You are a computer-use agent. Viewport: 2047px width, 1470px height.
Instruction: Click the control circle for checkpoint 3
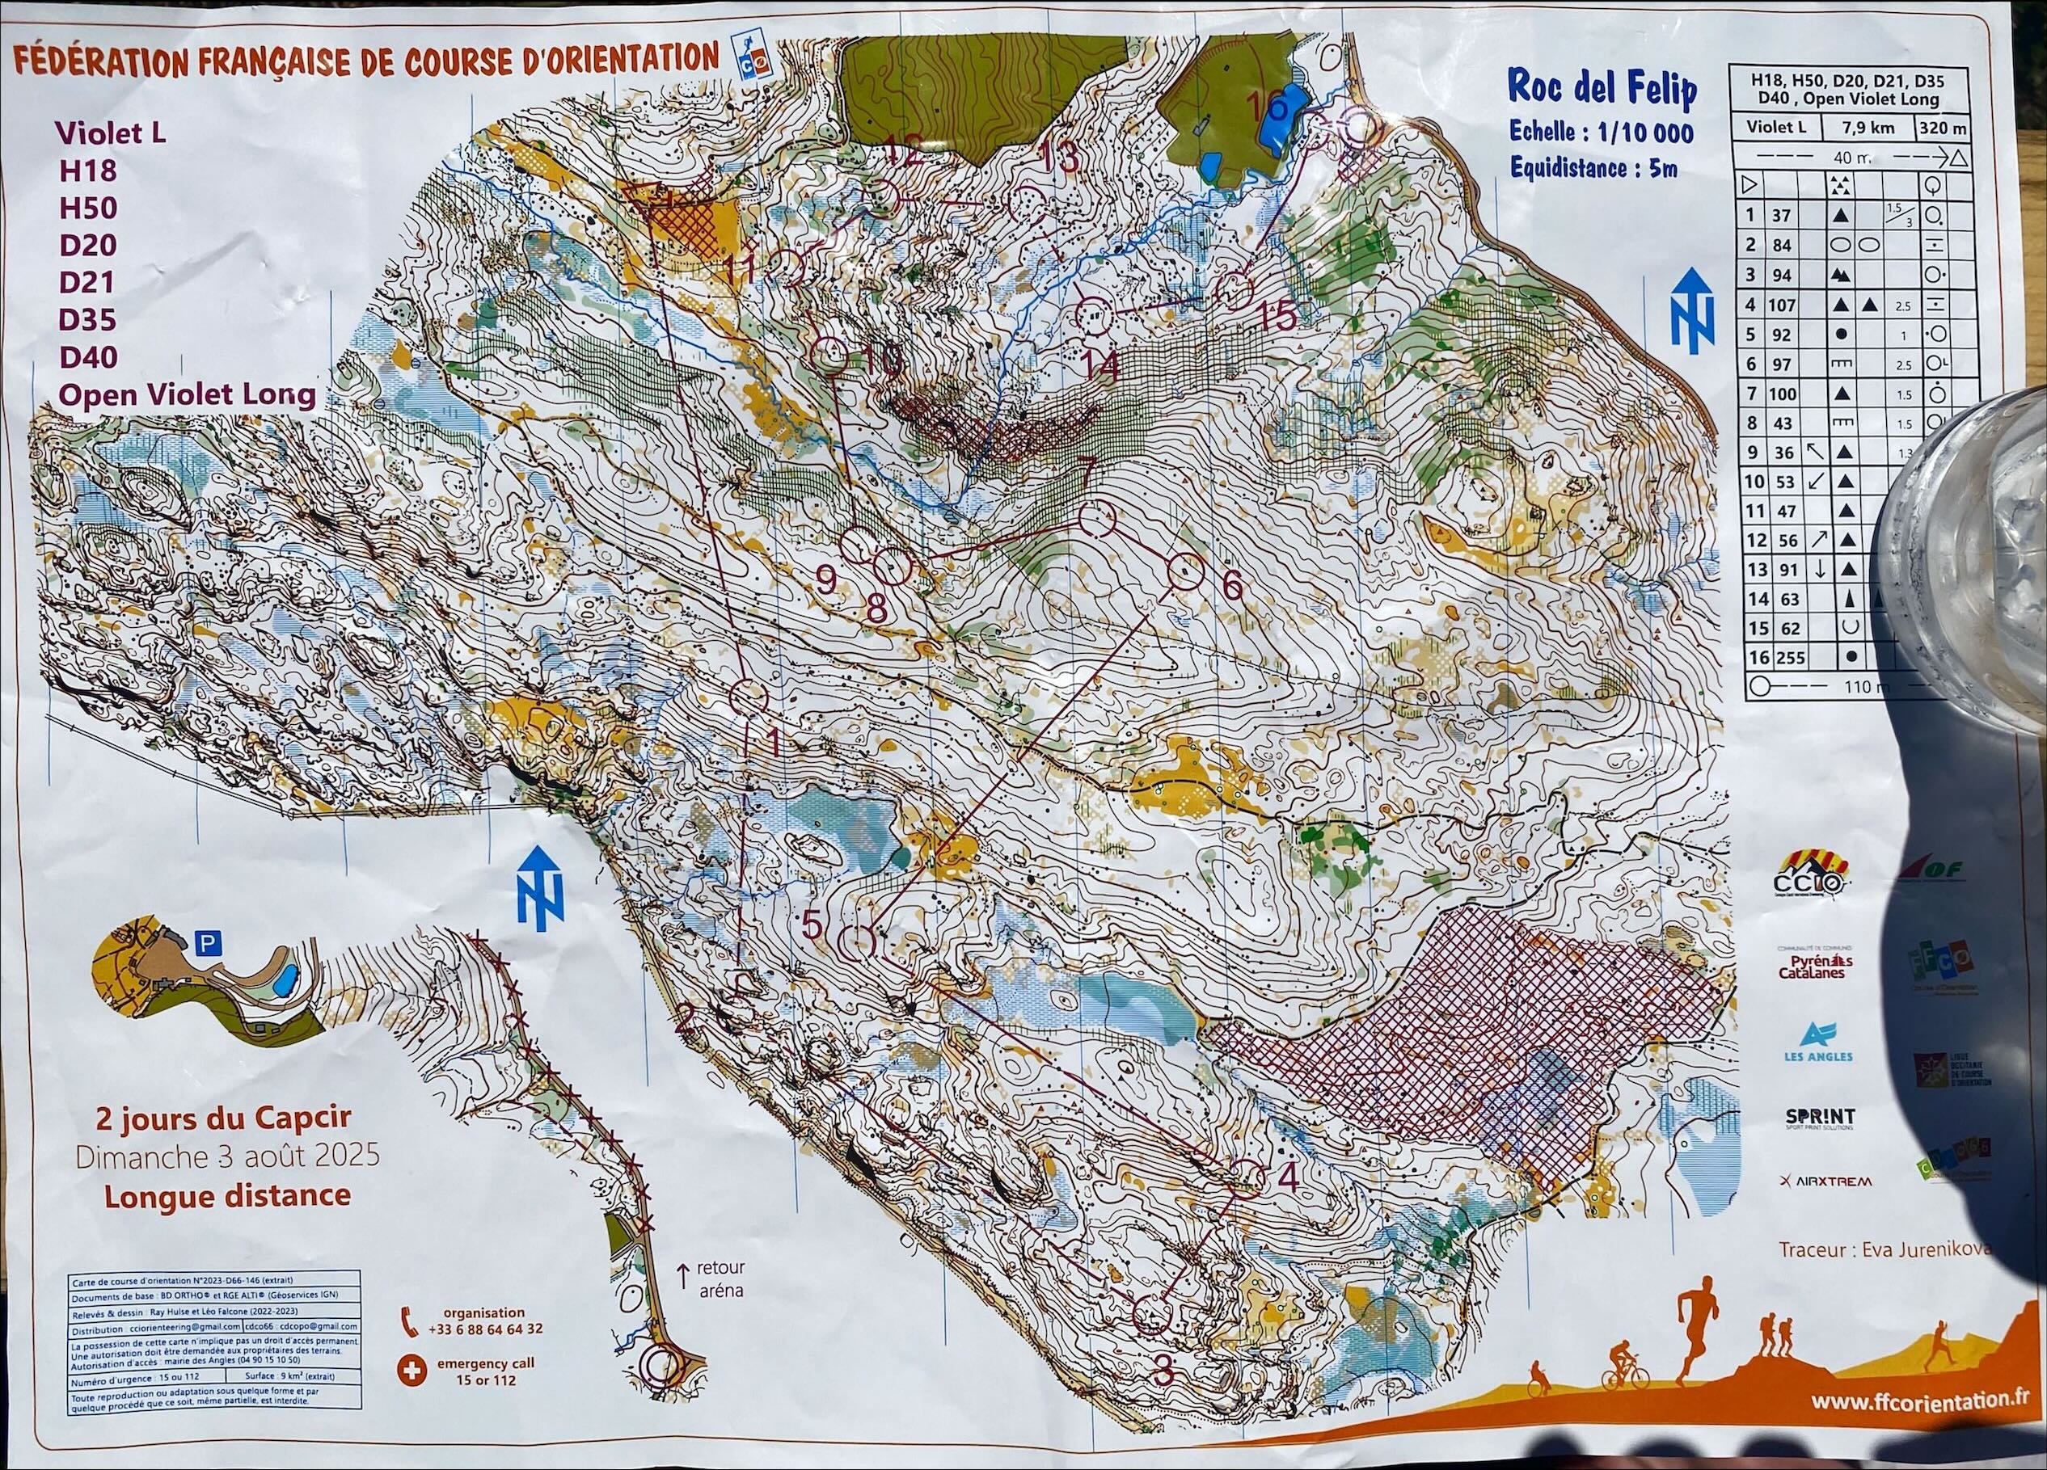point(1150,1315)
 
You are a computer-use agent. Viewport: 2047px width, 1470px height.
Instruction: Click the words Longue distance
point(226,1196)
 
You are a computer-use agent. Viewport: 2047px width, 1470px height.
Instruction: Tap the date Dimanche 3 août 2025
point(226,1157)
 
